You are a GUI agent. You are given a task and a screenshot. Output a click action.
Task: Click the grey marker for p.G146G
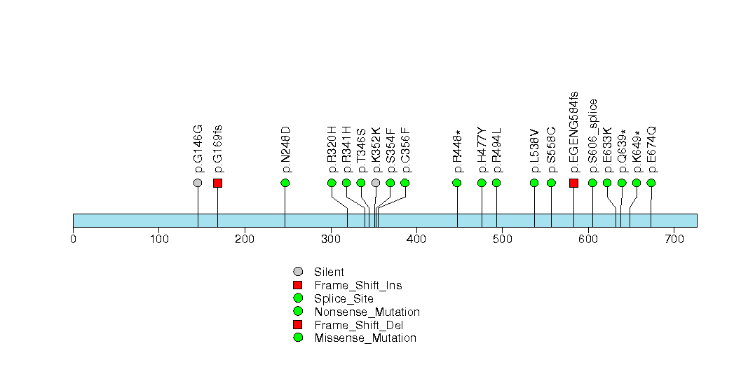[198, 183]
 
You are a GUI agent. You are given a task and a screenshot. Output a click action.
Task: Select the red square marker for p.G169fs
[217, 183]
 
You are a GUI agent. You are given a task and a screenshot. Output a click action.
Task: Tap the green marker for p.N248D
[285, 183]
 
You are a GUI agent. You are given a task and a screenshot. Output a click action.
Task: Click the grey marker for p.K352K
[376, 183]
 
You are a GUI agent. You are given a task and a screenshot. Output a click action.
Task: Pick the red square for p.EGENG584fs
[574, 183]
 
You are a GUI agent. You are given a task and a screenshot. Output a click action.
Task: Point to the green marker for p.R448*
[457, 183]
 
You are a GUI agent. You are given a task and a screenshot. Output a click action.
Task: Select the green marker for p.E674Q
[651, 183]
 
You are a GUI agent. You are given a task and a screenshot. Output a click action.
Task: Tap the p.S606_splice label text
[592, 136]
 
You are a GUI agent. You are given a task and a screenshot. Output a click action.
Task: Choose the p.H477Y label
[482, 150]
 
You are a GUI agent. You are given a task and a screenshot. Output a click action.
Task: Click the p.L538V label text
[535, 151]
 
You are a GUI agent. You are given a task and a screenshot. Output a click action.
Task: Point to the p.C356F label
[405, 150]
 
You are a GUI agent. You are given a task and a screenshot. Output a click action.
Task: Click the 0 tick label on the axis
[73, 240]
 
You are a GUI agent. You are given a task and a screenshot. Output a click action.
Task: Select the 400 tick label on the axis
[416, 240]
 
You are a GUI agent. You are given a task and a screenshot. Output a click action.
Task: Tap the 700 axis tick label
[674, 240]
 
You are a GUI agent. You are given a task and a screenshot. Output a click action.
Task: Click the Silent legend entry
[329, 272]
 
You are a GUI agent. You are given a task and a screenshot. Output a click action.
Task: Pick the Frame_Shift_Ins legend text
[358, 285]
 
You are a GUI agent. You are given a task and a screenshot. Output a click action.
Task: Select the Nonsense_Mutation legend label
[367, 312]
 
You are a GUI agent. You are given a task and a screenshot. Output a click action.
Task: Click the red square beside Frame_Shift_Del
[298, 324]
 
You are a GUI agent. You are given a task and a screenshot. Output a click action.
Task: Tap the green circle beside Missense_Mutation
[298, 338]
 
